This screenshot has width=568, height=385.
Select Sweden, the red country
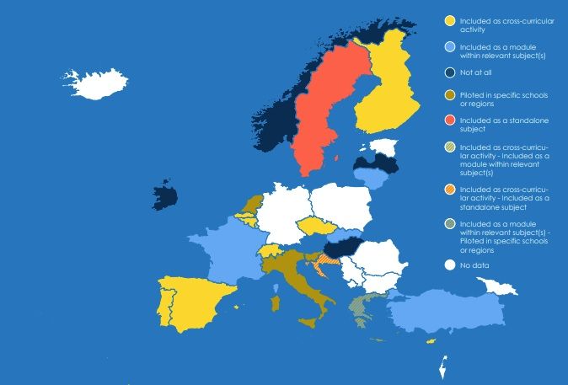click(x=324, y=110)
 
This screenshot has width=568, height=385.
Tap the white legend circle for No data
click(x=451, y=266)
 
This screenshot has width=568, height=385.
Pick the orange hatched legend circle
click(x=451, y=188)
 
